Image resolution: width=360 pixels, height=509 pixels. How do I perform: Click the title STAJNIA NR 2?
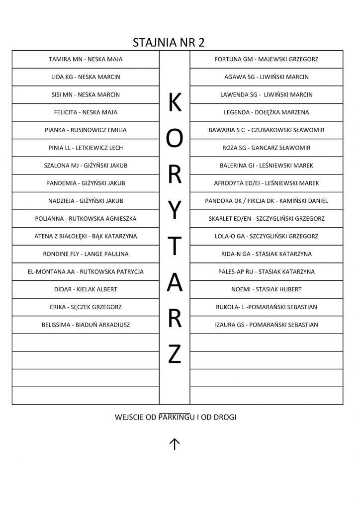click(169, 42)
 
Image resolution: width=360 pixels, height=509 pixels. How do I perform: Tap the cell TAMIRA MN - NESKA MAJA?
click(86, 60)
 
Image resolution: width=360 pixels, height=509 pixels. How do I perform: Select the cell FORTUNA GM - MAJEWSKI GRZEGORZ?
click(267, 60)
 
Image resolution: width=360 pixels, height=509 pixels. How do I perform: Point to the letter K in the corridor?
click(175, 103)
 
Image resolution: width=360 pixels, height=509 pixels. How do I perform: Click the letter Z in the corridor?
click(175, 354)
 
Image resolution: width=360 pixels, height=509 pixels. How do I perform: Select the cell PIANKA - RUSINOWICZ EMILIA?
click(86, 130)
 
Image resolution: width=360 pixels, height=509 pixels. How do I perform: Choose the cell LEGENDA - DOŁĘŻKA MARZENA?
click(267, 112)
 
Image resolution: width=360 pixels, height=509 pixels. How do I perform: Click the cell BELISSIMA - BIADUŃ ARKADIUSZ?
click(86, 325)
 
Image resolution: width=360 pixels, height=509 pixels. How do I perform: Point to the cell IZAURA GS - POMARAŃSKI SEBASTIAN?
click(267, 325)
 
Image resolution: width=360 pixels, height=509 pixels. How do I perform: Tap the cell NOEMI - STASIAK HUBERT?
click(267, 289)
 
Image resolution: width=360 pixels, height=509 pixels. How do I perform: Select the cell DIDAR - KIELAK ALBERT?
click(86, 289)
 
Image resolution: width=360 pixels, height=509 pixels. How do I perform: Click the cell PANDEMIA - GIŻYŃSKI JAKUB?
click(86, 183)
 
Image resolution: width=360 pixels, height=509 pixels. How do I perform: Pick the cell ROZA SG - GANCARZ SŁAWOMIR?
click(267, 148)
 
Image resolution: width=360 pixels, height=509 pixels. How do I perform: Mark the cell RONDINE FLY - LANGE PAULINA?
click(86, 254)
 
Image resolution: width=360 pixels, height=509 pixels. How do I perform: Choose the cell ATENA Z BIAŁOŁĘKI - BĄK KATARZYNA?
click(86, 237)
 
